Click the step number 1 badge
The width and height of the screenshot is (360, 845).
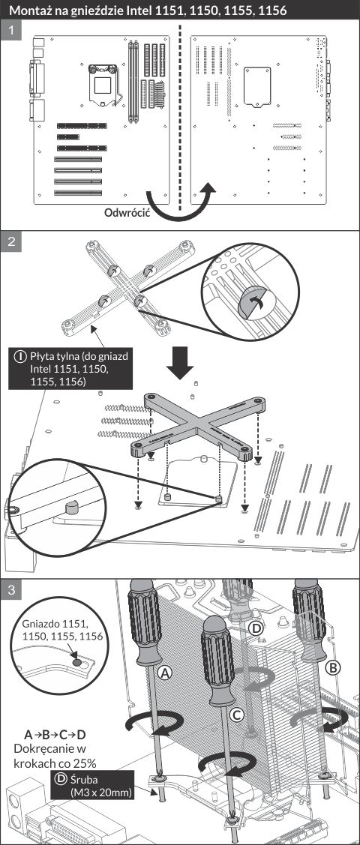coord(10,31)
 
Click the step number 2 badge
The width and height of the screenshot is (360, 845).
coord(10,241)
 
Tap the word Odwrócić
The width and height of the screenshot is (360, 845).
coord(127,211)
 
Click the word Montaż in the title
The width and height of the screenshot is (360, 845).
coord(31,10)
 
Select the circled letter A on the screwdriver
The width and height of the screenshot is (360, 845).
coord(166,672)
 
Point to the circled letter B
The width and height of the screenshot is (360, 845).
coord(334,668)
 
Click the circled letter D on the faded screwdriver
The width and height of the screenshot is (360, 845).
coord(257,628)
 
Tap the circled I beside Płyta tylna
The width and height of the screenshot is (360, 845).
coord(21,356)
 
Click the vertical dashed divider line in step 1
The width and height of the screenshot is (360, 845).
coord(180,118)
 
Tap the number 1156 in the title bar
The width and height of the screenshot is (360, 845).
coord(270,10)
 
